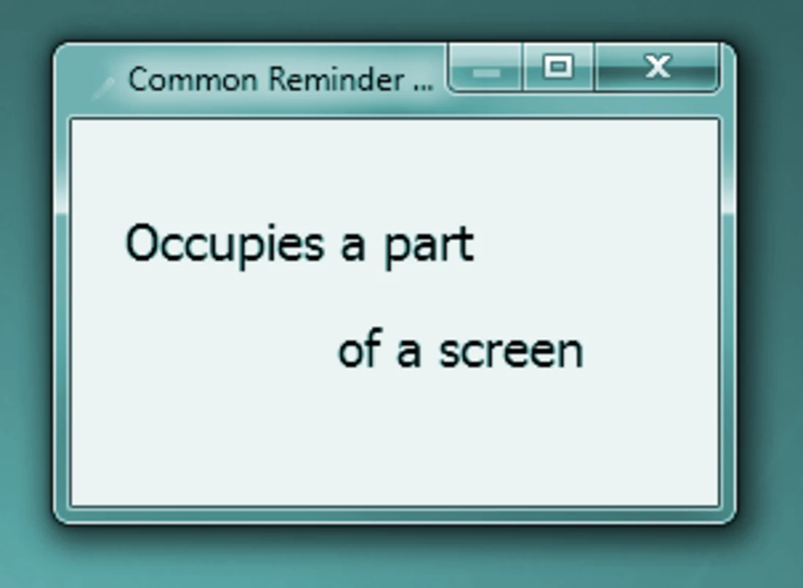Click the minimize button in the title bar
485,68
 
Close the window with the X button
657,67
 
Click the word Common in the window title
192,80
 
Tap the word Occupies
225,245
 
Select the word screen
511,352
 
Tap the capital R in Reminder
278,80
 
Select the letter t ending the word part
465,245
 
